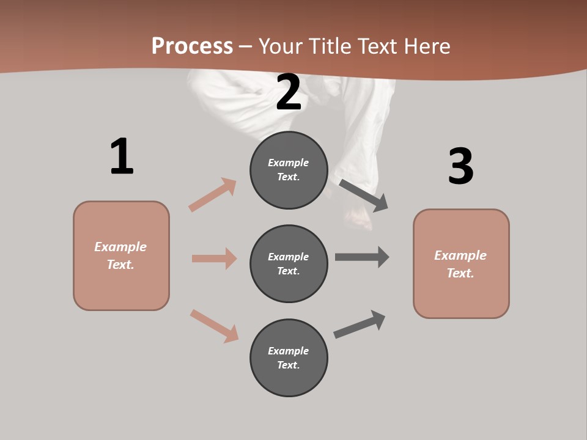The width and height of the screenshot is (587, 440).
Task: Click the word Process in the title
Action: click(x=192, y=46)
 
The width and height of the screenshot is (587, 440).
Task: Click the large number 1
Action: click(x=122, y=156)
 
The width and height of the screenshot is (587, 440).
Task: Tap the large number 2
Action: click(x=289, y=92)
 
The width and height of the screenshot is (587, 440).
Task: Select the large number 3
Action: click(x=460, y=167)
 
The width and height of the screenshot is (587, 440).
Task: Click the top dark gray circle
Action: click(x=289, y=170)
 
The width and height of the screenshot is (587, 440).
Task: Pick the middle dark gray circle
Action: click(x=289, y=263)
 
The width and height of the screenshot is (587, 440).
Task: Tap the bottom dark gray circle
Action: click(x=289, y=358)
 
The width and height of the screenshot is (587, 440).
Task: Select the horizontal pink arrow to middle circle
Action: click(x=214, y=258)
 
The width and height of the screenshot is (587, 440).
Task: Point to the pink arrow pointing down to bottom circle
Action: click(x=215, y=326)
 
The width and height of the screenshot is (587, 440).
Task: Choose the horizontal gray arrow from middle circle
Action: click(x=362, y=257)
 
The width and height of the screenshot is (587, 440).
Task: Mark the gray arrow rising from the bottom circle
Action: click(x=360, y=324)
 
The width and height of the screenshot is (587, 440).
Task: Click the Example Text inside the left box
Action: click(x=120, y=255)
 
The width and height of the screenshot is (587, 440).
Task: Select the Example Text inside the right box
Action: click(x=460, y=264)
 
